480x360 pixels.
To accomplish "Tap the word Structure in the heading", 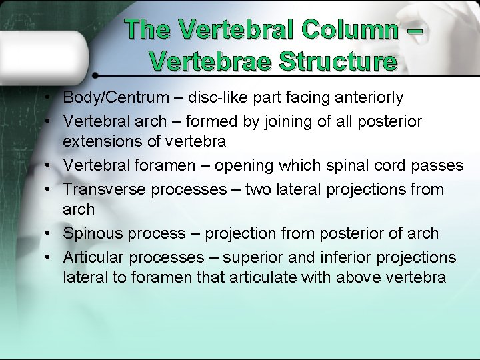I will coord(339,61).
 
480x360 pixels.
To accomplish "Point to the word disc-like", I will coord(218,98).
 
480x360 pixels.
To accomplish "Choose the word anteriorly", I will coord(364,98).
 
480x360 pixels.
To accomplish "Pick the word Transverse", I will coord(105,189).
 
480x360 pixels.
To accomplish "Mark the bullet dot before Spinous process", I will coord(50,234).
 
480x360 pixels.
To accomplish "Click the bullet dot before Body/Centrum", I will coord(50,99).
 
